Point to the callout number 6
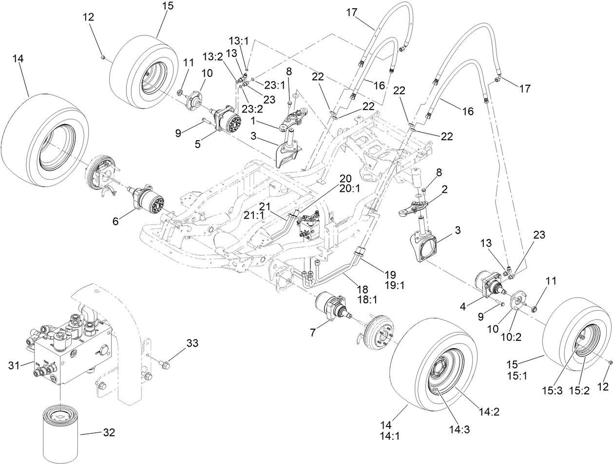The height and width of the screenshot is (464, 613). [x=115, y=221]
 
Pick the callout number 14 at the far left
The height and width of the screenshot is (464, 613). [x=19, y=58]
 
